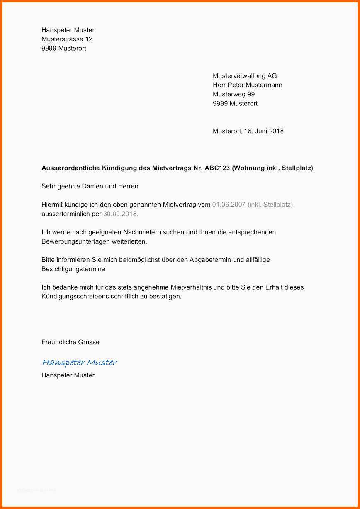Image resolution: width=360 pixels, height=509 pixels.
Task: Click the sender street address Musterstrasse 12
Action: [x=67, y=39]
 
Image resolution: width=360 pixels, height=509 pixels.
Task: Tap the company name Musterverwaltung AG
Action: [x=245, y=76]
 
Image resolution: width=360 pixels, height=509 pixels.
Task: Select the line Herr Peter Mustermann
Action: [x=247, y=85]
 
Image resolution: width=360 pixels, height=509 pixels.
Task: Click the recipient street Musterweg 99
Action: [x=234, y=94]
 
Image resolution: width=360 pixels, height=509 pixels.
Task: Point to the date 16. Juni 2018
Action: [x=264, y=131]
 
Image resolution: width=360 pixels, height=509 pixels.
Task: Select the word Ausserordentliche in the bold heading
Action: [x=69, y=168]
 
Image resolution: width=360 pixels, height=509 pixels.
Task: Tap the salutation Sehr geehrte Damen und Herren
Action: [x=90, y=186]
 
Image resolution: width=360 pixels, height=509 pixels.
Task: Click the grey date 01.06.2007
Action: [x=229, y=205]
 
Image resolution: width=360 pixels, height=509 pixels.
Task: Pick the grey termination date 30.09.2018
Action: [x=120, y=214]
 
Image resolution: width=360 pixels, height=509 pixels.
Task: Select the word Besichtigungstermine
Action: [x=73, y=269]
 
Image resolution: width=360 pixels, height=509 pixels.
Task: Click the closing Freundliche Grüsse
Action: [x=71, y=342]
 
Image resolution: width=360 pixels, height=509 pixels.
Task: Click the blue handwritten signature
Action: [x=80, y=363]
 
